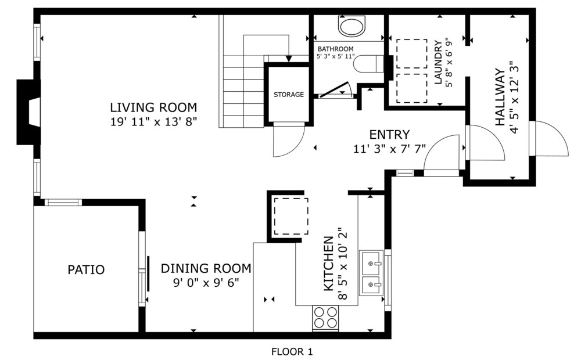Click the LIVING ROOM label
153,107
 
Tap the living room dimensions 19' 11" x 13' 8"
153,122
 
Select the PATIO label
86,269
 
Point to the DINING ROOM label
206,268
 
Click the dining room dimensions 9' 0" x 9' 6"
206,283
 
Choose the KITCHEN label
329,264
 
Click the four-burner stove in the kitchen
325,318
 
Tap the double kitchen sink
371,273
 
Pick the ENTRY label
389,134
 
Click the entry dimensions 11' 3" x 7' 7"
389,149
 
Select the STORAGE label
289,95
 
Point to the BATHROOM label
335,49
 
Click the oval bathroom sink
352,27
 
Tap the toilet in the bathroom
368,64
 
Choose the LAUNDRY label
438,62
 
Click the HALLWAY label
500,97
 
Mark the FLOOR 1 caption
292,351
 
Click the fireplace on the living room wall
28,112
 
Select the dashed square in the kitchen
291,217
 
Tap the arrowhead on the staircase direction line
289,59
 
